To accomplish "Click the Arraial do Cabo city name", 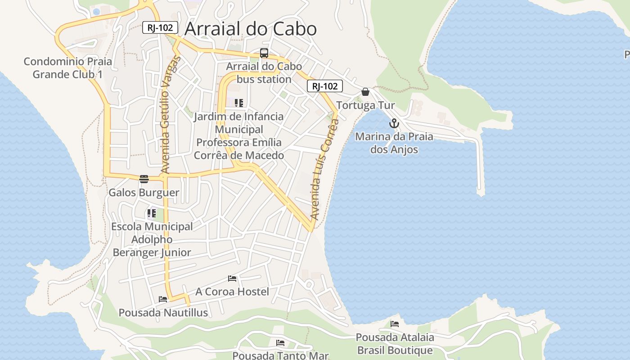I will pyautogui.click(x=251, y=29).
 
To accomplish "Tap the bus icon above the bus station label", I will pyautogui.click(x=264, y=53).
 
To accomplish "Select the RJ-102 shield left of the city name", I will pyautogui.click(x=160, y=27).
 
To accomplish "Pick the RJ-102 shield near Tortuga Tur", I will pyautogui.click(x=325, y=86).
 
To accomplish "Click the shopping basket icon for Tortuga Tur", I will pyautogui.click(x=365, y=92).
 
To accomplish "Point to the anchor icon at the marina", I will pyautogui.click(x=394, y=123).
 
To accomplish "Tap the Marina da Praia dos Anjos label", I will pyautogui.click(x=394, y=143).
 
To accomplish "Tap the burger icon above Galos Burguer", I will pyautogui.click(x=144, y=179).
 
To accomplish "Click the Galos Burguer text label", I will pyautogui.click(x=144, y=193).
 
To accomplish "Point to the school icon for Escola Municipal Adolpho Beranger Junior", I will pyautogui.click(x=152, y=213).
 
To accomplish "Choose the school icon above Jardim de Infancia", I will pyautogui.click(x=239, y=103).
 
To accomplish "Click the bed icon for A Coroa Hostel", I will pyautogui.click(x=232, y=279).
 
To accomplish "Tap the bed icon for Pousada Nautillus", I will pyautogui.click(x=163, y=299).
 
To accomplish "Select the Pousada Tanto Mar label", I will pyautogui.click(x=280, y=355).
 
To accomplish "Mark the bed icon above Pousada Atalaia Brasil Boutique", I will pyautogui.click(x=395, y=324).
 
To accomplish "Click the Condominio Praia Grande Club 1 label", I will pyautogui.click(x=67, y=67).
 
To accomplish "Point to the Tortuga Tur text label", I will pyautogui.click(x=365, y=105).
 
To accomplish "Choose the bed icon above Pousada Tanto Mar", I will pyautogui.click(x=280, y=343).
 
